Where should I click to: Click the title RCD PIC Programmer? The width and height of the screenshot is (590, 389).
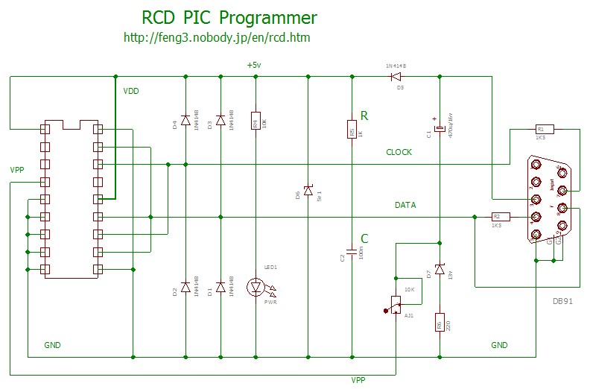click(x=229, y=18)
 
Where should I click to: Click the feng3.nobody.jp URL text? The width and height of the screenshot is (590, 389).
click(x=216, y=37)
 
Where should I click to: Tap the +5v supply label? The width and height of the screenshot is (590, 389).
click(x=254, y=66)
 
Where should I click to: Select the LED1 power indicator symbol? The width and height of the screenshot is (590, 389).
click(x=256, y=286)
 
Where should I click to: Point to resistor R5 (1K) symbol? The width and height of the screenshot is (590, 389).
click(x=352, y=130)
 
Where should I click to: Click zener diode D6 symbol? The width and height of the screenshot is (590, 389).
click(x=308, y=192)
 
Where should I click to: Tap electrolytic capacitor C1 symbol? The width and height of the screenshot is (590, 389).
click(x=440, y=129)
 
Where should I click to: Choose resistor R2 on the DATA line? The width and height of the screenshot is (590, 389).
click(x=496, y=216)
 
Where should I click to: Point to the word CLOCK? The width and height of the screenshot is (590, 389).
click(x=399, y=152)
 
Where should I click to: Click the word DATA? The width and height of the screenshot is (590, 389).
click(x=405, y=204)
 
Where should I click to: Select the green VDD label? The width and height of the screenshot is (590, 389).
click(x=131, y=92)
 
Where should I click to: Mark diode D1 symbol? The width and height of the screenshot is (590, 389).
click(x=221, y=287)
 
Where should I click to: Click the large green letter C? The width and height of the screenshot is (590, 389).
click(x=364, y=238)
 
